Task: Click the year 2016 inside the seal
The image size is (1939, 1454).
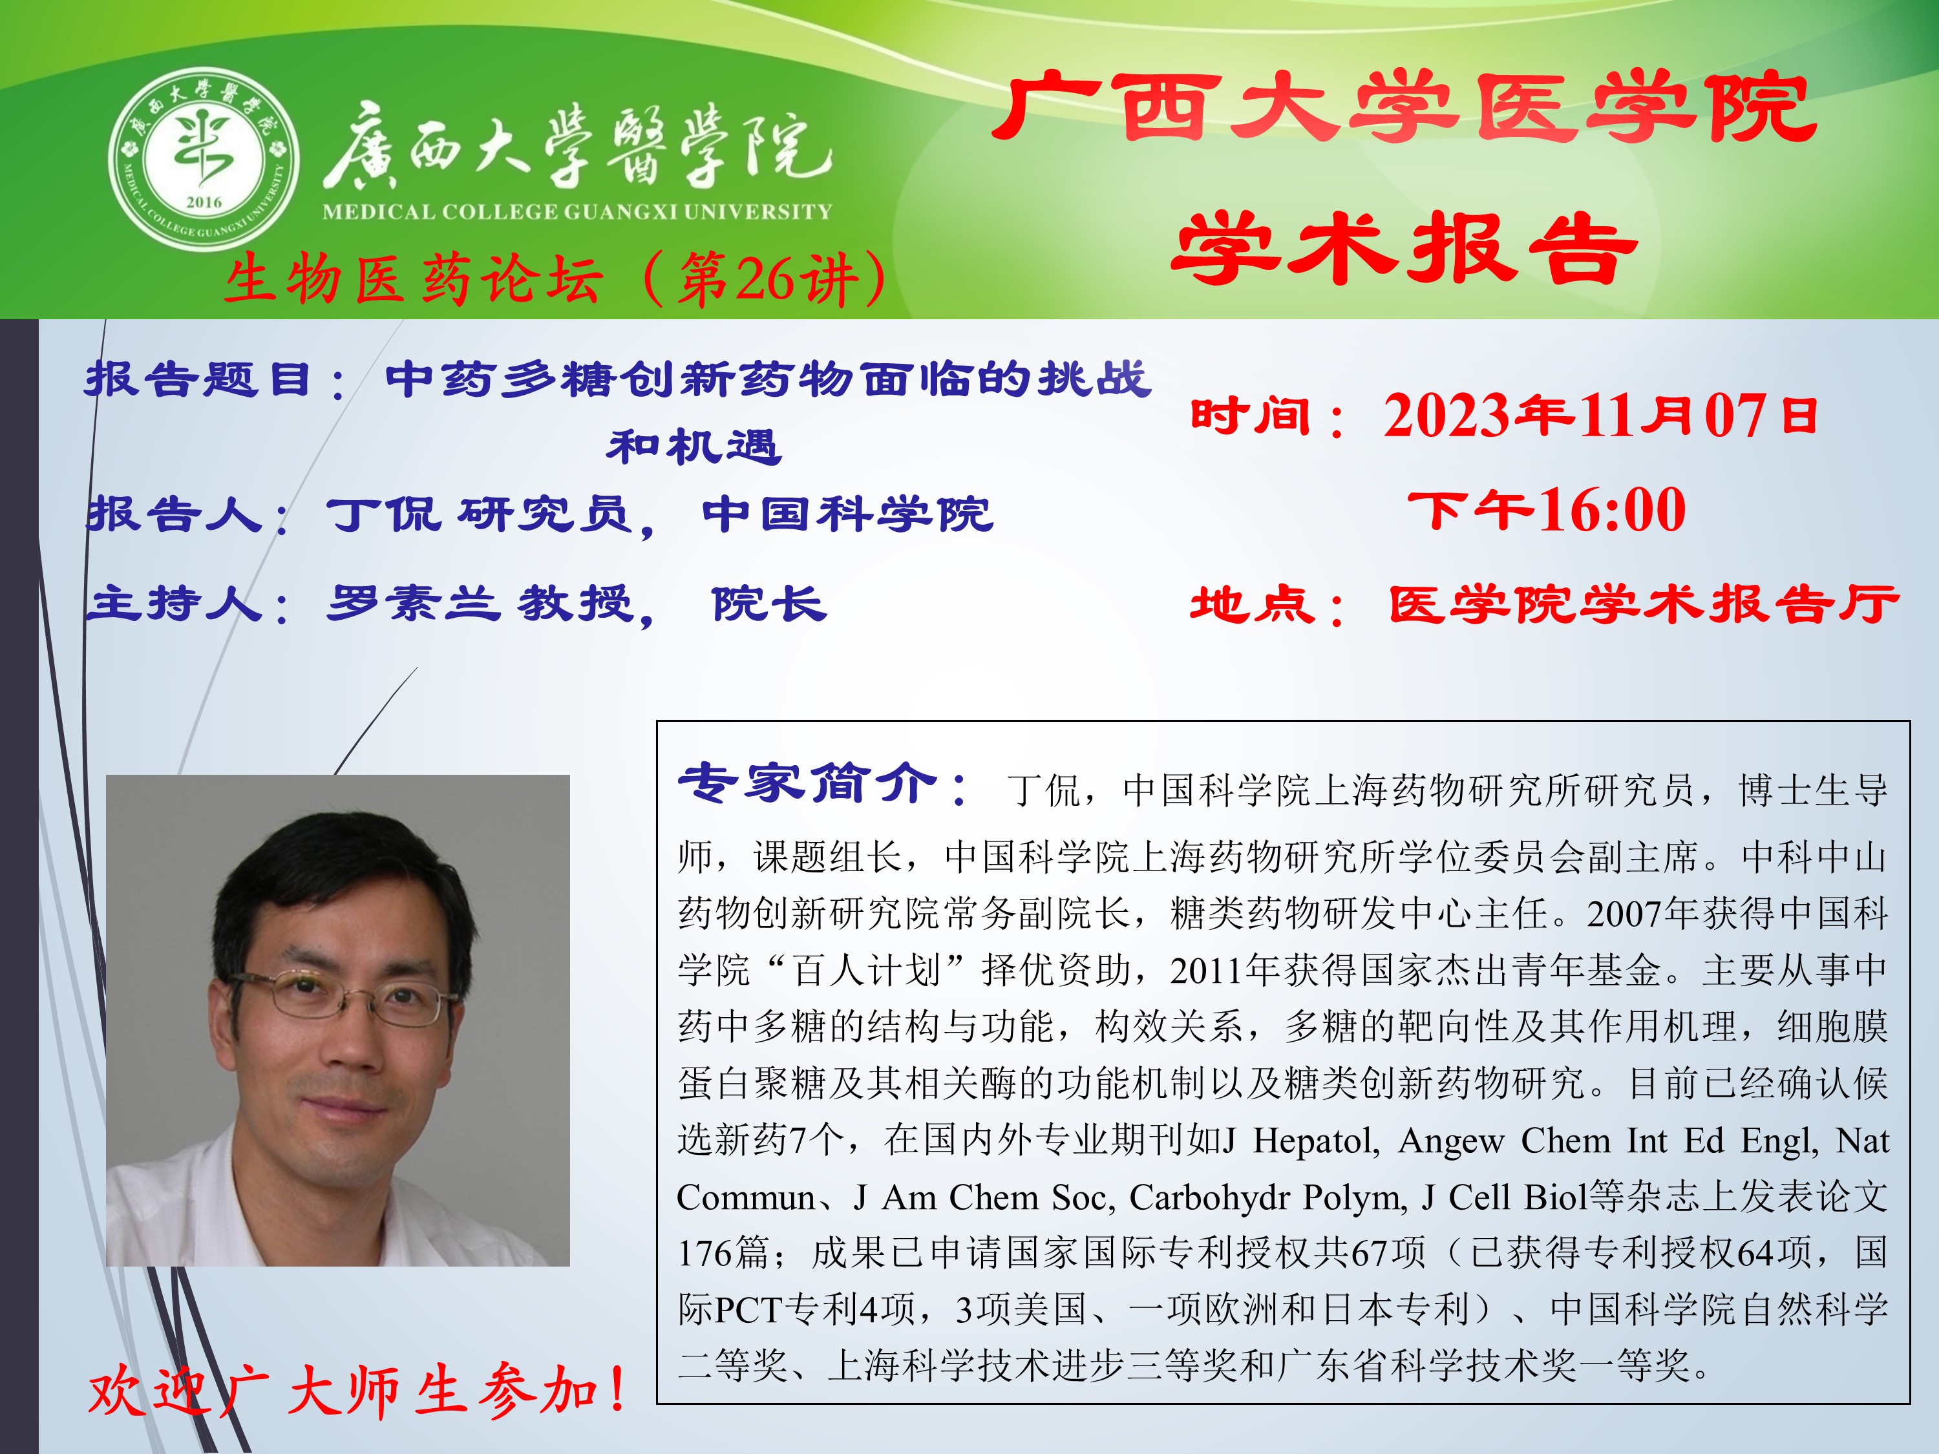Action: (x=204, y=202)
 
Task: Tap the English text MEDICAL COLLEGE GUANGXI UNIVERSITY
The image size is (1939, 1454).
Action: (x=577, y=211)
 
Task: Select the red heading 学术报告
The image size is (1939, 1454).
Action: (x=1404, y=249)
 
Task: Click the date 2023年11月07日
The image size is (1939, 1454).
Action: (x=1600, y=416)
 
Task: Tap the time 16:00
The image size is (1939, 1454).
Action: (x=1612, y=510)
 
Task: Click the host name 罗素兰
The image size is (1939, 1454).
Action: (x=414, y=603)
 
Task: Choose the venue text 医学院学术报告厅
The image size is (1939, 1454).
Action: (x=1643, y=605)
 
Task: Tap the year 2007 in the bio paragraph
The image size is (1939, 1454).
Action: (x=1624, y=914)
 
